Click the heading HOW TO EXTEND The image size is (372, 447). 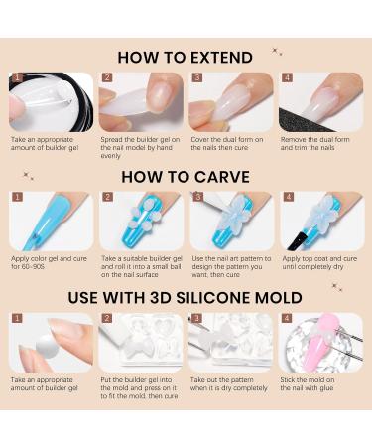[185, 58]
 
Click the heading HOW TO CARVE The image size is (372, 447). [185, 176]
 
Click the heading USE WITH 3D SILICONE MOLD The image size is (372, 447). [185, 297]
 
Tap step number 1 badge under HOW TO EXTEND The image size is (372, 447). [16, 77]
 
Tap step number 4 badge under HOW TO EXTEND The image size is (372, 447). [287, 77]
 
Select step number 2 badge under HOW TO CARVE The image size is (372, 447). [106, 196]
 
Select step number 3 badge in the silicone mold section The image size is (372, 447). [196, 318]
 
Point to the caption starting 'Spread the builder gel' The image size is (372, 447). [140, 146]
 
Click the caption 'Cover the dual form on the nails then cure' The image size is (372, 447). [227, 143]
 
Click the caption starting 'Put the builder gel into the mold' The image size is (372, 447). [140, 388]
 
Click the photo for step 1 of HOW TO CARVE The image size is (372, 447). [52, 221]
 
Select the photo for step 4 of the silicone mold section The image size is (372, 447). [321, 342]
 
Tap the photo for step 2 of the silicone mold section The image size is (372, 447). [141, 342]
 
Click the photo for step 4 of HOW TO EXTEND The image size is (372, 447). [321, 101]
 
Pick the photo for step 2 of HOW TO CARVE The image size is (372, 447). [141, 221]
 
